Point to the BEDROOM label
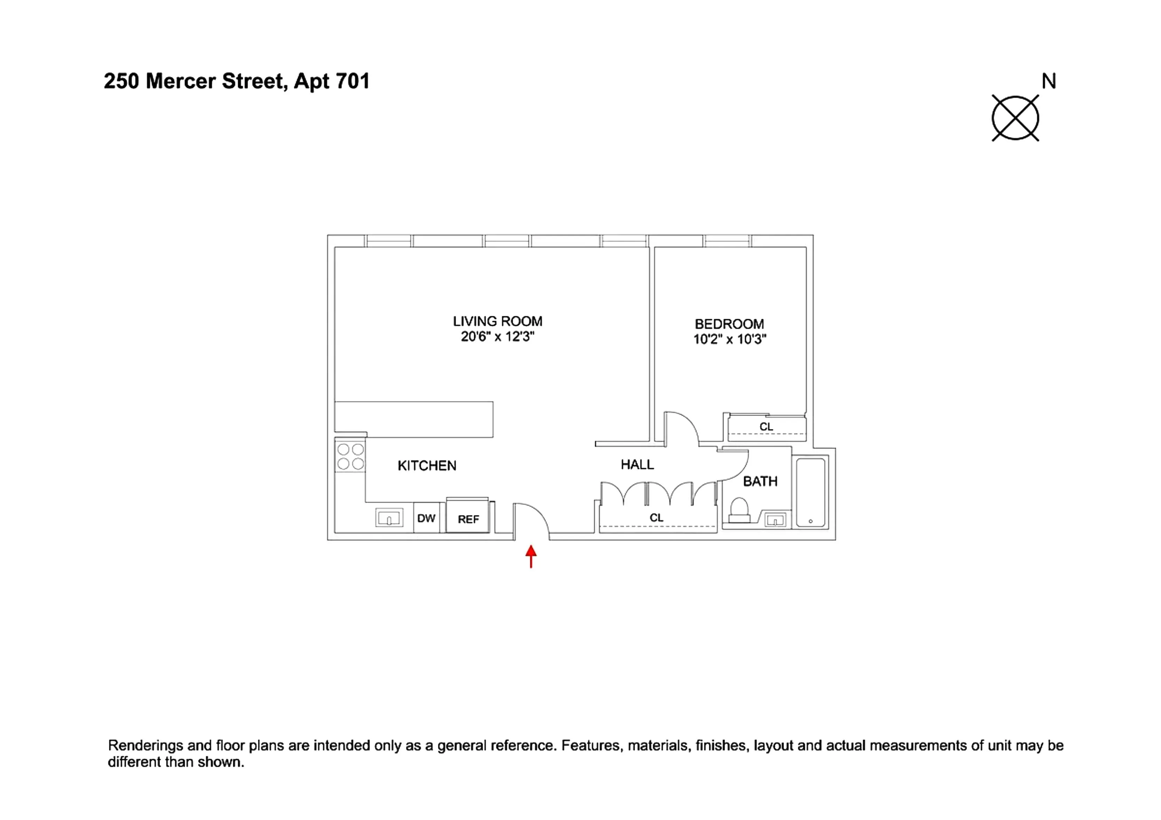pos(729,324)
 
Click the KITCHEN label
pos(427,466)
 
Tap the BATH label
pos(760,481)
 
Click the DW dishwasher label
pos(426,518)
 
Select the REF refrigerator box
pos(468,517)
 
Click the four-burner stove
pos(350,457)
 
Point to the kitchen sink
pos(389,518)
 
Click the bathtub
pos(811,493)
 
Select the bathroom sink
pos(775,520)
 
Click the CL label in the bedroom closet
pos(766,427)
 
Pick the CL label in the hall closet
pos(656,518)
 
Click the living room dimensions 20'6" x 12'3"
pos(498,337)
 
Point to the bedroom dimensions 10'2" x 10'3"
pos(730,339)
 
